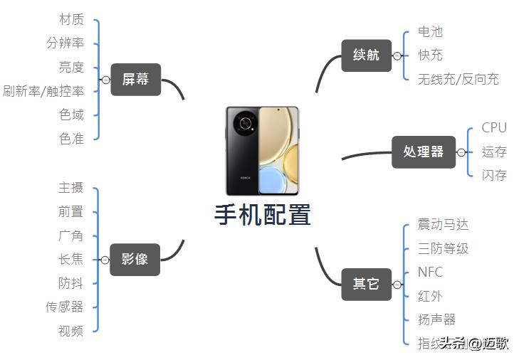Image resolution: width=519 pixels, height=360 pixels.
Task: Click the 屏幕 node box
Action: pyautogui.click(x=136, y=80)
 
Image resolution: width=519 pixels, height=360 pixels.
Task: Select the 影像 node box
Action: pyautogui.click(x=135, y=260)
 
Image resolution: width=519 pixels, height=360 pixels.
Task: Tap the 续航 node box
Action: pyautogui.click(x=366, y=55)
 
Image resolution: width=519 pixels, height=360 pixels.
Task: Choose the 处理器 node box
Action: pyautogui.click(x=423, y=152)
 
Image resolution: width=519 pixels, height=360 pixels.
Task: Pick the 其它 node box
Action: pyautogui.click(x=366, y=284)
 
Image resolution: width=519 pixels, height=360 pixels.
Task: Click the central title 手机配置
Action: pyautogui.click(x=263, y=215)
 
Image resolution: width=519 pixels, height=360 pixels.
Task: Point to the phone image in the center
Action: pyautogui.click(x=263, y=151)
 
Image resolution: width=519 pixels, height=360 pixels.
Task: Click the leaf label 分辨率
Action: pyautogui.click(x=65, y=43)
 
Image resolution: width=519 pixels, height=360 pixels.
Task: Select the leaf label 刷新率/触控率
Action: pyautogui.click(x=43, y=91)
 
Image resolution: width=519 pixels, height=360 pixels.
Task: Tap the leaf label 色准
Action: pyautogui.click(x=71, y=139)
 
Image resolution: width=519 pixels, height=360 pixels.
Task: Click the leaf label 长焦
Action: pyautogui.click(x=70, y=259)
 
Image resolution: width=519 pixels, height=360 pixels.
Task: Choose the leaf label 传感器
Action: pyautogui.click(x=65, y=307)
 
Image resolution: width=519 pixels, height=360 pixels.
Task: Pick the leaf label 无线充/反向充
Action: pyautogui.click(x=458, y=79)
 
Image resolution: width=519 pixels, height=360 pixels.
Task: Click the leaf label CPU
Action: pyautogui.click(x=494, y=128)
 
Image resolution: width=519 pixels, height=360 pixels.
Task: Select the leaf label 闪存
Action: pyautogui.click(x=494, y=175)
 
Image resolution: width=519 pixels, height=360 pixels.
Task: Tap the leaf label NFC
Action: pyautogui.click(x=431, y=272)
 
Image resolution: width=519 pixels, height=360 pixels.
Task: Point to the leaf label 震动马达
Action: pyautogui.click(x=444, y=225)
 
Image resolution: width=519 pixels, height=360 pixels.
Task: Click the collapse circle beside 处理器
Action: pyautogui.click(x=461, y=152)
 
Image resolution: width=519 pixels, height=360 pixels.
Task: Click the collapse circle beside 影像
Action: pyautogui.click(x=105, y=260)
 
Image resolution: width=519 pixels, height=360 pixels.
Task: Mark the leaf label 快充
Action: pyautogui.click(x=431, y=55)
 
